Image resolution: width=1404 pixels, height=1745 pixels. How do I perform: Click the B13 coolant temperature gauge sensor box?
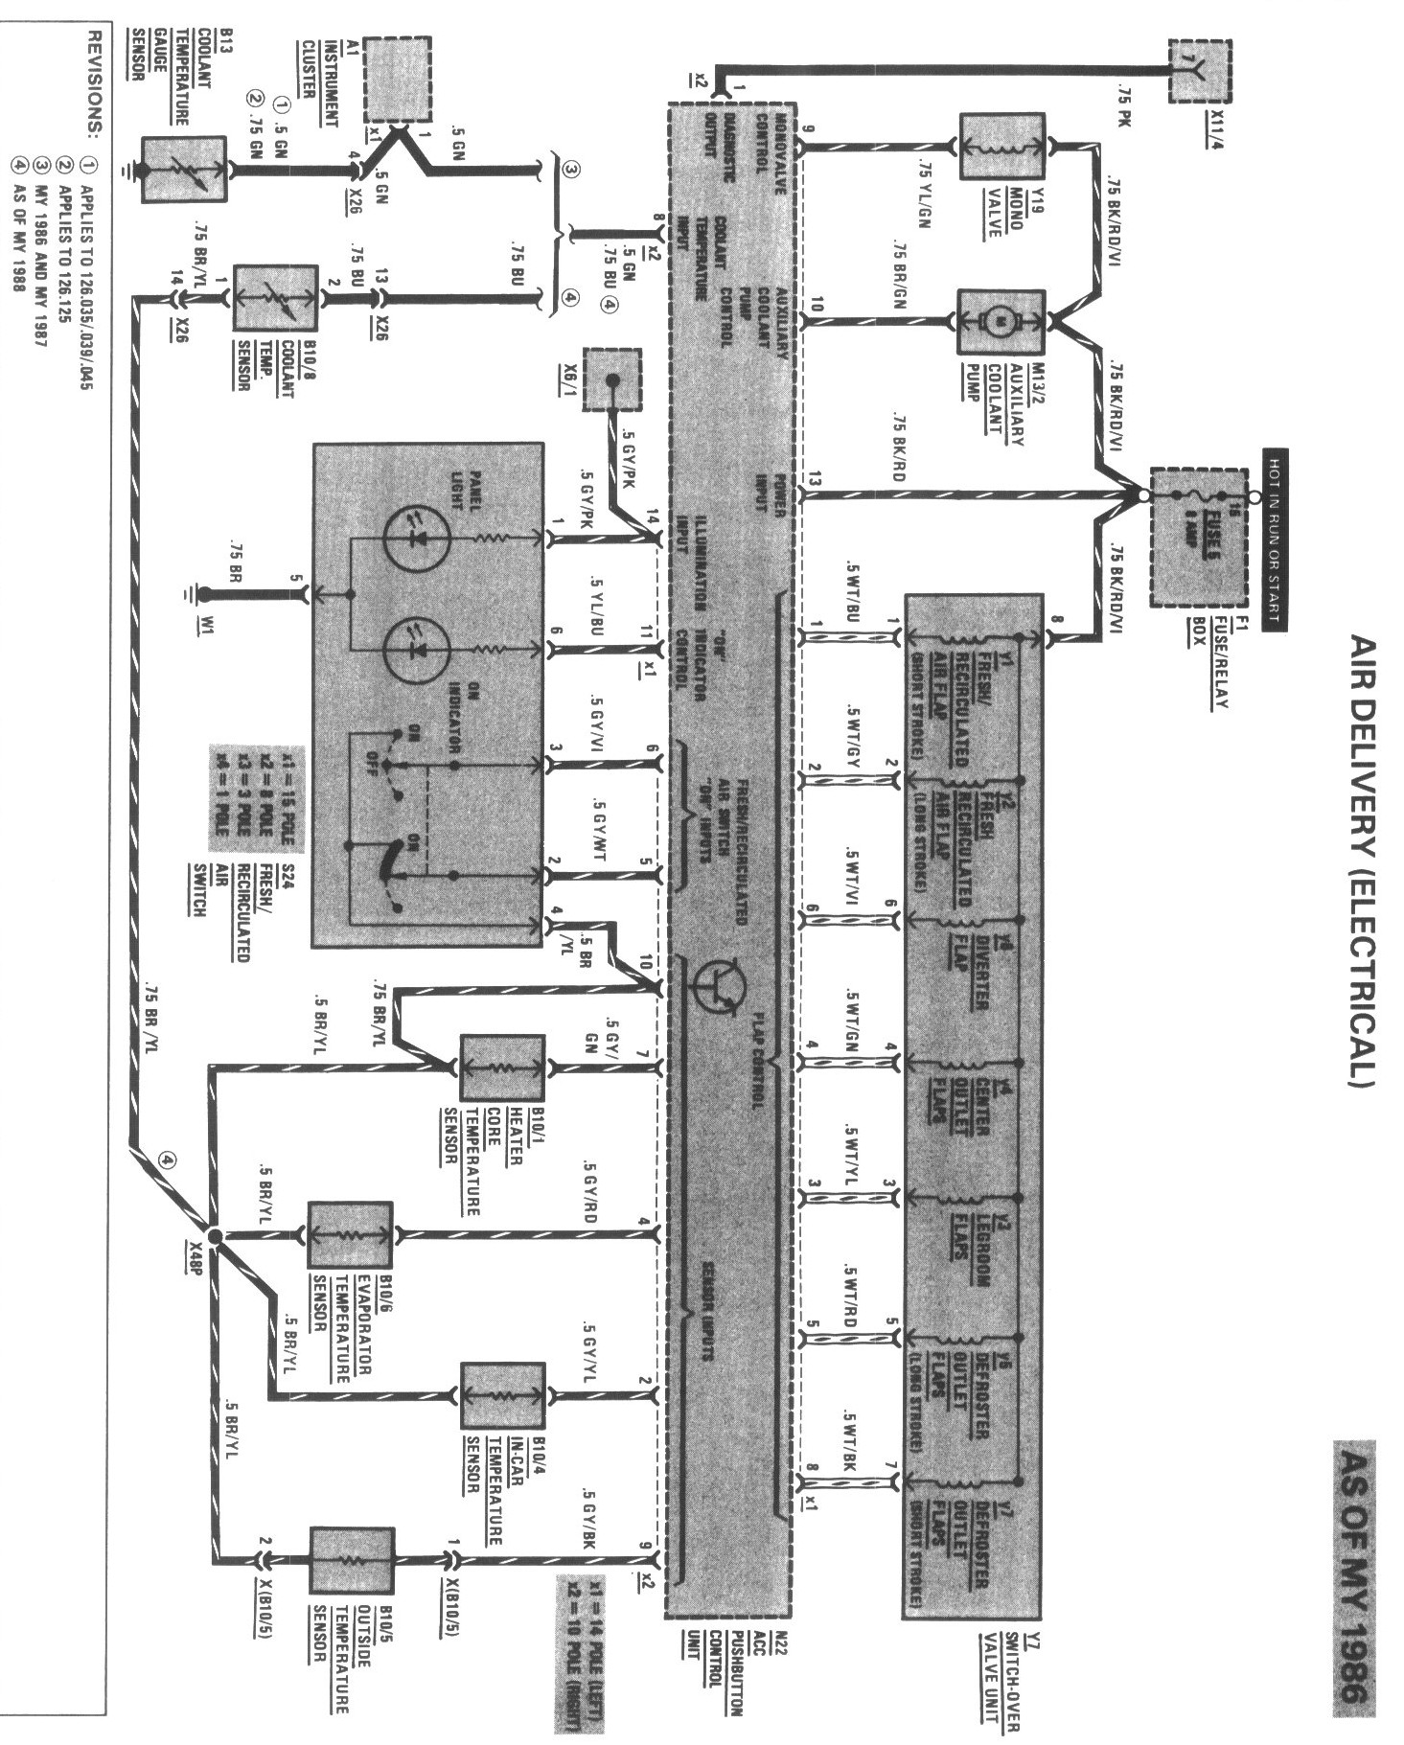point(183,170)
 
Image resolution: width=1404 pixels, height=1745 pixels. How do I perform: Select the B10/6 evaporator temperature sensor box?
point(350,1235)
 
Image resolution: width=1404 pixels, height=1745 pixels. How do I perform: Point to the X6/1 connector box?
point(610,379)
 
